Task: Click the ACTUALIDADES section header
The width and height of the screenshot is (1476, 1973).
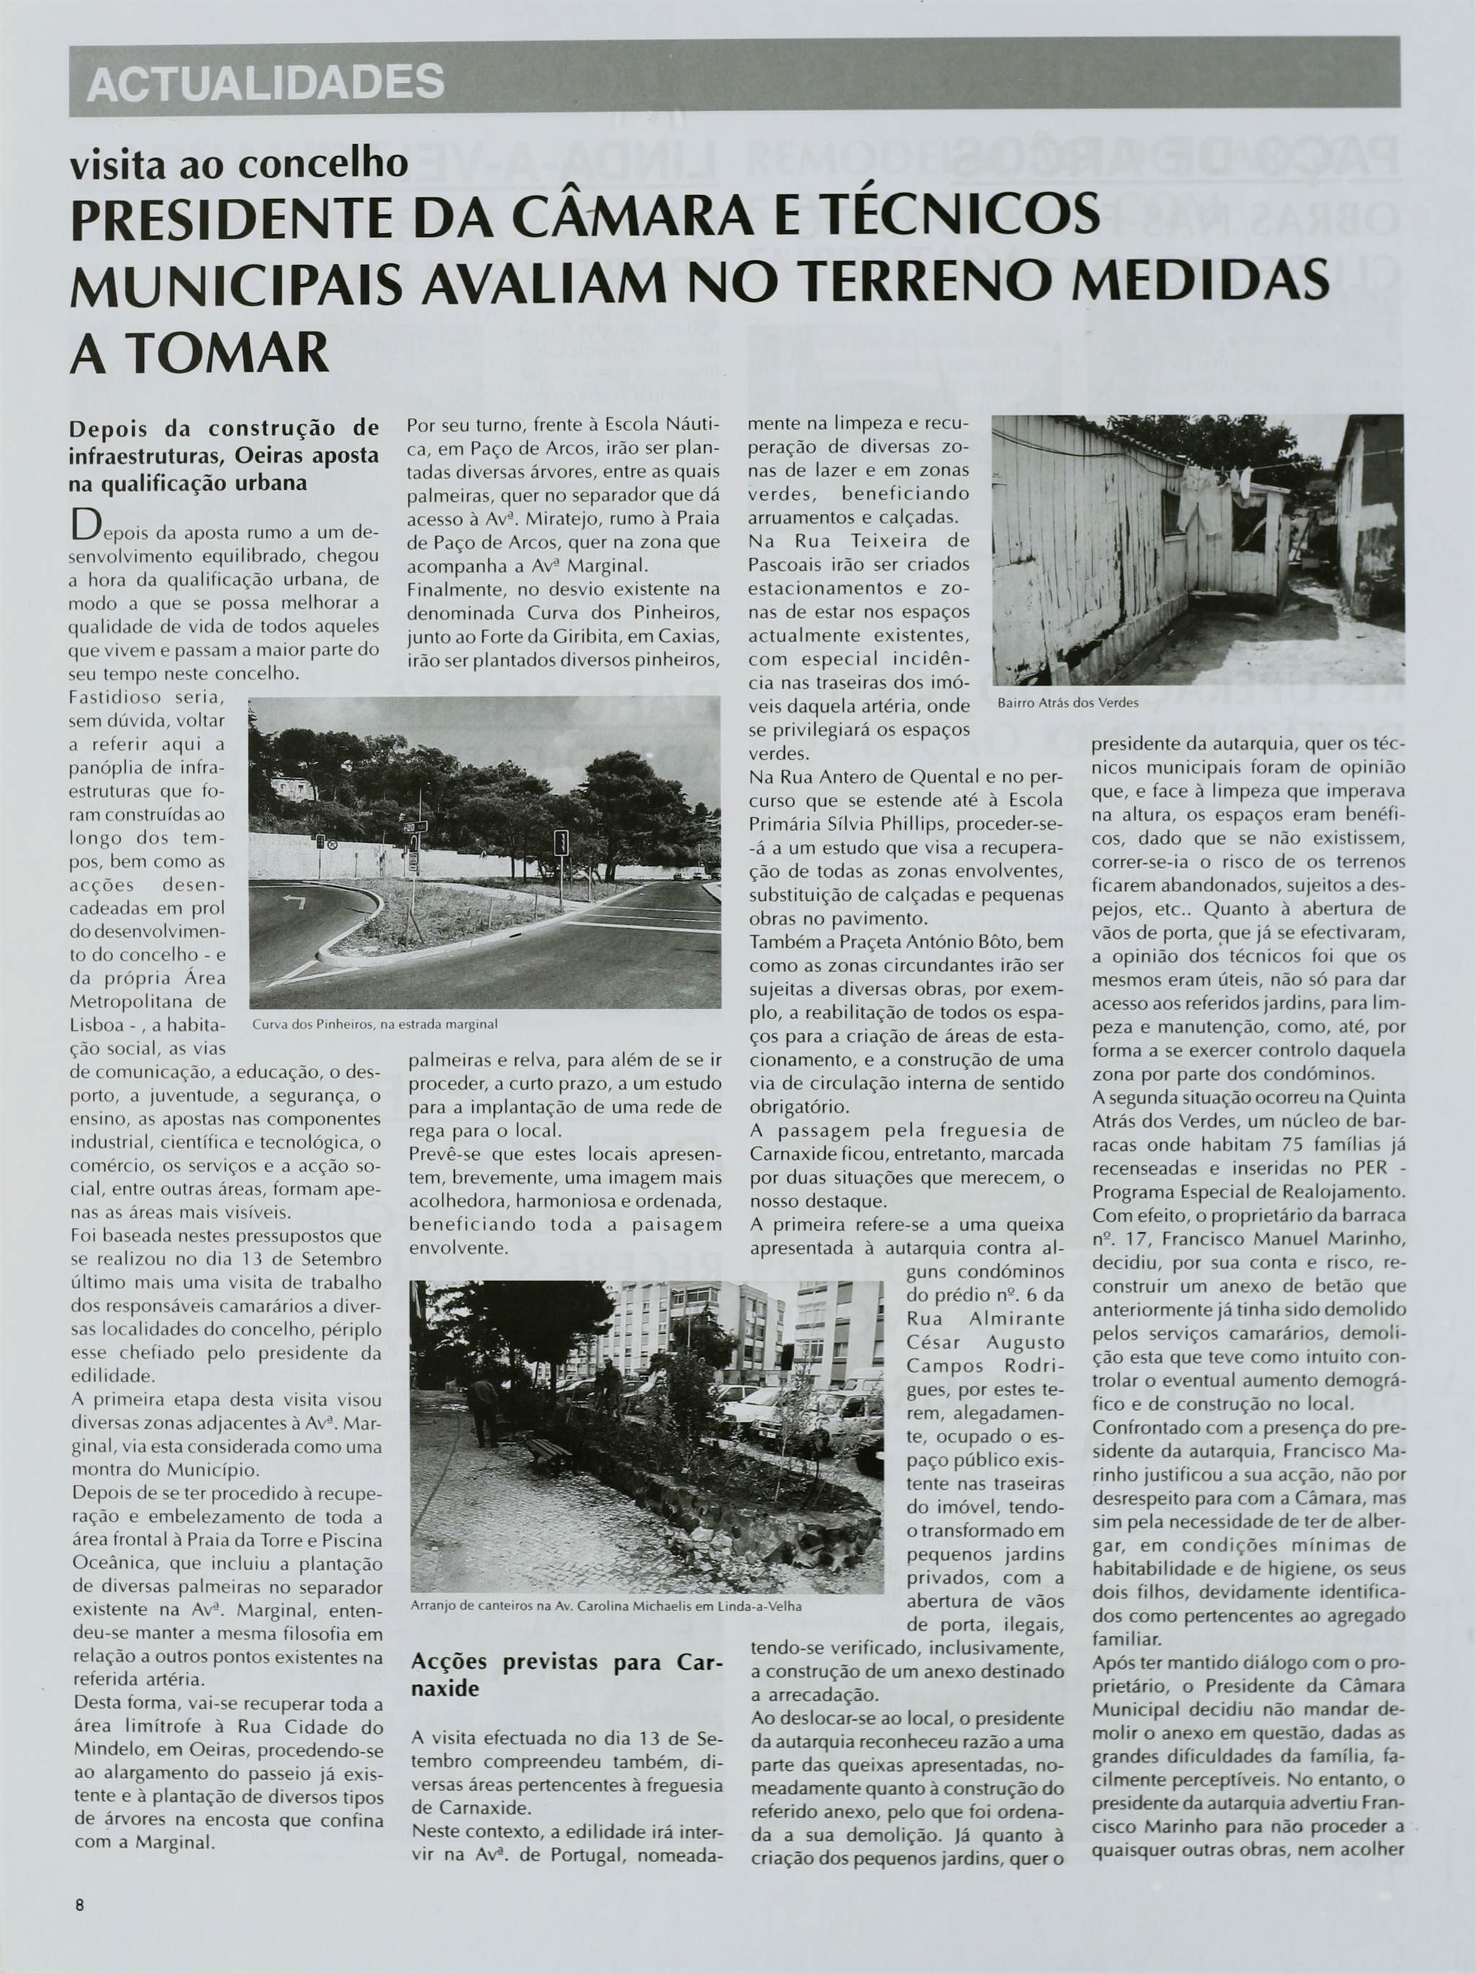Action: tap(265, 84)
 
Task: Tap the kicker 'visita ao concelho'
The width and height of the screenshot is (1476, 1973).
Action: tap(239, 164)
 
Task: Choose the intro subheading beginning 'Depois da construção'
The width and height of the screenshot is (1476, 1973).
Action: tap(223, 454)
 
